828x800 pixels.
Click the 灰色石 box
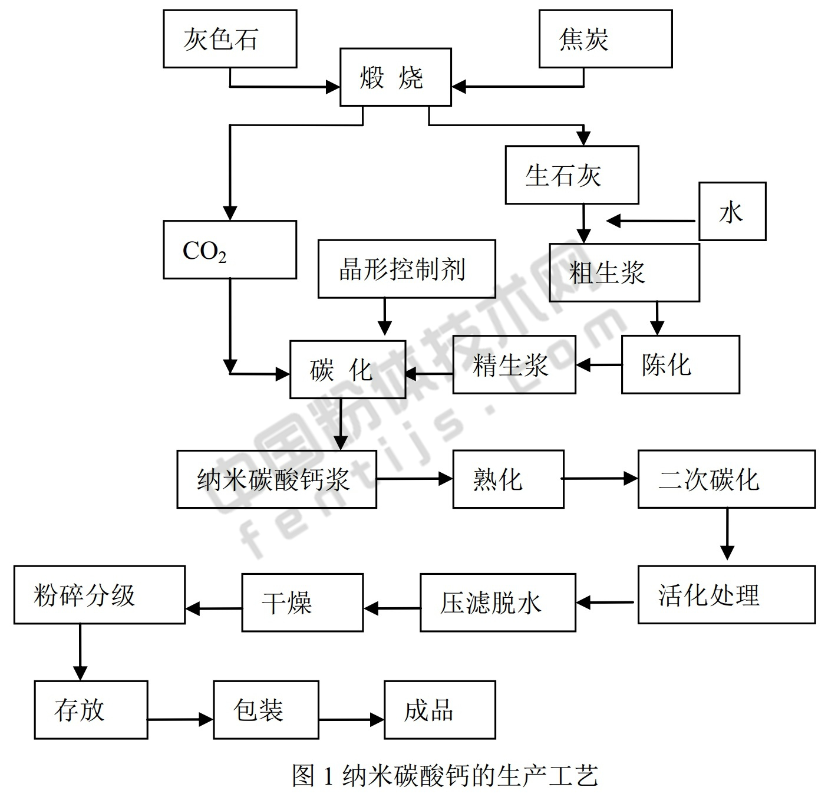coord(230,39)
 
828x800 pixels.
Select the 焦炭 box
coord(605,39)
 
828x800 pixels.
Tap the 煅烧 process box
coord(395,77)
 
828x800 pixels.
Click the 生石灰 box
coord(572,175)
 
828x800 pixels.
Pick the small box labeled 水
coord(732,212)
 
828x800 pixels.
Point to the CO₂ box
coord(230,250)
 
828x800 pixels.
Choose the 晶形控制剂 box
coord(407,269)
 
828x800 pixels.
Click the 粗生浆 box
coord(624,272)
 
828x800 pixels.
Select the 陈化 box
coord(680,365)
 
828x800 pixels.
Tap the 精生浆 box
coord(514,365)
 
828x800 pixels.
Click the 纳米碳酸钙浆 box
coord(276,479)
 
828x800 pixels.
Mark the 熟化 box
coord(508,479)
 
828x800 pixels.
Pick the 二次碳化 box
coord(726,479)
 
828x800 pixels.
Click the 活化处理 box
coord(726,595)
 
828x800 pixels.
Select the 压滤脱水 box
coord(497,603)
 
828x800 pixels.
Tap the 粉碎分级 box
coord(100,595)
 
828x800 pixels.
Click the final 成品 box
coord(440,710)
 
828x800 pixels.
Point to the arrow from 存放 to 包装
coord(180,719)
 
